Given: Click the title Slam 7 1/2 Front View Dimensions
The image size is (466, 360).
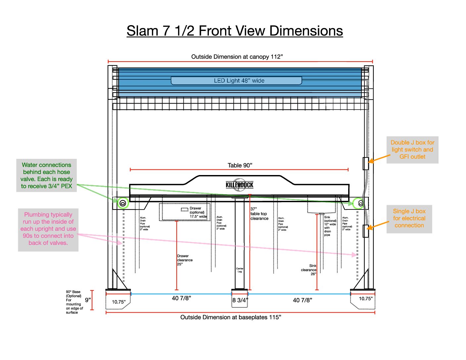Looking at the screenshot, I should click(235, 31).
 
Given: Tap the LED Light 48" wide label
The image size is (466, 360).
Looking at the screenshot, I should click(239, 81).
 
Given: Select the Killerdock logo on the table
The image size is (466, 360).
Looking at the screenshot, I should click(239, 185).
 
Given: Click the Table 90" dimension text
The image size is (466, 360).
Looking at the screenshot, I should click(240, 165).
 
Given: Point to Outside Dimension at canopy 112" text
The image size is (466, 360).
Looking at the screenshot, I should click(237, 57).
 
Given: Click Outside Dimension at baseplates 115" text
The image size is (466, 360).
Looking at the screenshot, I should click(231, 317).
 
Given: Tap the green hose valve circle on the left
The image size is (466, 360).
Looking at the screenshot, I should click(123, 203).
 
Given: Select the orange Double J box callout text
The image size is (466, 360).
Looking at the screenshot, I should click(412, 150).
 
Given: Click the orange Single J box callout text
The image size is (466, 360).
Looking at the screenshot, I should click(409, 218).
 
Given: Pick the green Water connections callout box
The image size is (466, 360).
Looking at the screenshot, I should click(47, 175).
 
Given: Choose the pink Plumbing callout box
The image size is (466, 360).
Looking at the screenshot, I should click(48, 229).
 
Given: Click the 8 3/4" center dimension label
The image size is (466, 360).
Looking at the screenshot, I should click(240, 300).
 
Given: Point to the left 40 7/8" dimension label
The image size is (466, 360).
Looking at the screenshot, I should click(181, 298).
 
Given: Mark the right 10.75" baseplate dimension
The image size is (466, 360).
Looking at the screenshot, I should click(365, 298).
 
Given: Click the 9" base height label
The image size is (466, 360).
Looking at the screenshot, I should click(88, 300).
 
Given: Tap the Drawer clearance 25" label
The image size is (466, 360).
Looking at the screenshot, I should click(184, 260).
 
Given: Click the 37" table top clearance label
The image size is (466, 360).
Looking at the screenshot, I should click(259, 214).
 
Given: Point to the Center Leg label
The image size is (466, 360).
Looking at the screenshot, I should click(240, 270).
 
